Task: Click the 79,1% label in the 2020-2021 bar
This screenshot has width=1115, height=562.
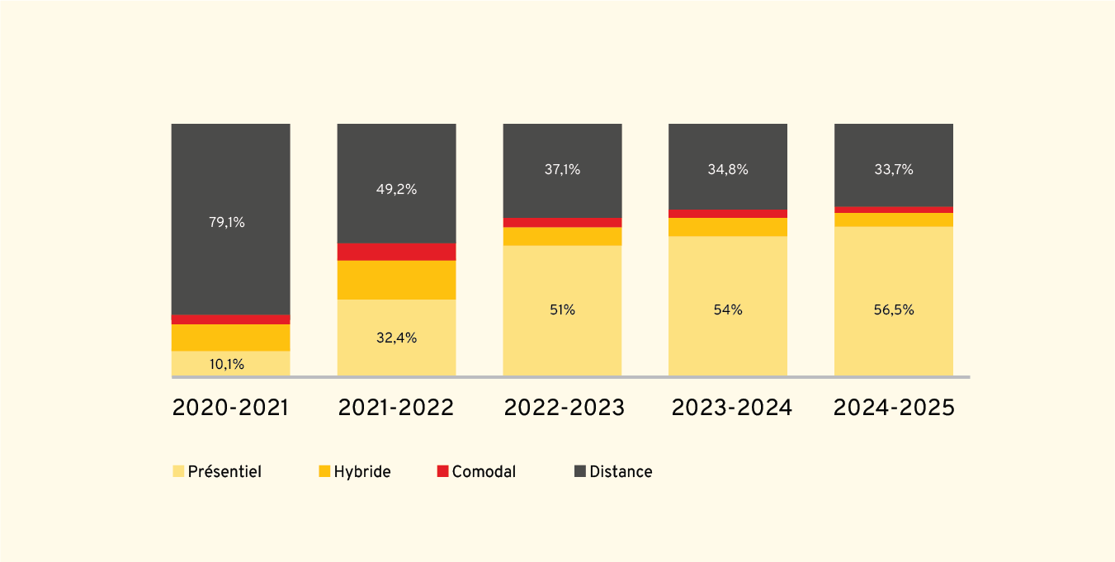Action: (x=226, y=222)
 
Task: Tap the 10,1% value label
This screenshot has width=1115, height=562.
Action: (x=226, y=365)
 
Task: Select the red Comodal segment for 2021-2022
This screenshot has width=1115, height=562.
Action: (x=397, y=252)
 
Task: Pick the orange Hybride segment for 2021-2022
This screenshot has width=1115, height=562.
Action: (x=397, y=281)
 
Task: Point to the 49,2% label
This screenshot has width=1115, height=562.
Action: (x=396, y=189)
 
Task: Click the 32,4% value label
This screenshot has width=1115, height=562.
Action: (x=396, y=338)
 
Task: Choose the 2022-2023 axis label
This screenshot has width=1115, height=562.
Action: (x=564, y=408)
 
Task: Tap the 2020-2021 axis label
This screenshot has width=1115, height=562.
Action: (x=230, y=408)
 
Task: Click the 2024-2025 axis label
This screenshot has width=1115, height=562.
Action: (x=894, y=408)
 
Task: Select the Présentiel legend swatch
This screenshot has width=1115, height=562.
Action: (x=178, y=471)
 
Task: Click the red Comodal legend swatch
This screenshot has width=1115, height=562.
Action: (x=442, y=471)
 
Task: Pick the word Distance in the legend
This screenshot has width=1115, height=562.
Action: (x=621, y=472)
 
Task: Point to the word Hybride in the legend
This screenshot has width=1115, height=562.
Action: (x=361, y=472)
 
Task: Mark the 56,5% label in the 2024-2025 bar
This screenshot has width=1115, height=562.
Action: (x=894, y=310)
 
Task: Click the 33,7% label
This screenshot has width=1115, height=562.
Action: (x=894, y=170)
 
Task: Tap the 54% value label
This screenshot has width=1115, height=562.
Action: (x=728, y=310)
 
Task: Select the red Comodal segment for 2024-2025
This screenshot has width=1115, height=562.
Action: (x=894, y=210)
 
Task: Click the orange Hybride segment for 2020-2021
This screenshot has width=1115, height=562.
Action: (x=231, y=338)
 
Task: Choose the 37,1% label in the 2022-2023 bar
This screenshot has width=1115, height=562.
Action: (x=562, y=170)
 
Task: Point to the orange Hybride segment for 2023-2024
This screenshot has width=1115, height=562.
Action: (x=728, y=227)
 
